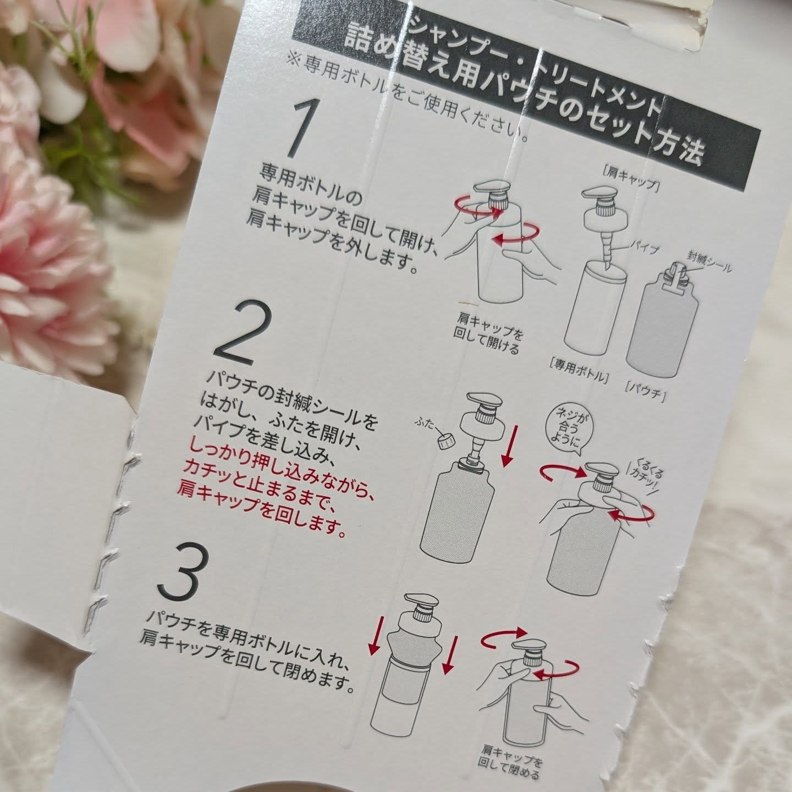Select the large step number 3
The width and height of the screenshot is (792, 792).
183,571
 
